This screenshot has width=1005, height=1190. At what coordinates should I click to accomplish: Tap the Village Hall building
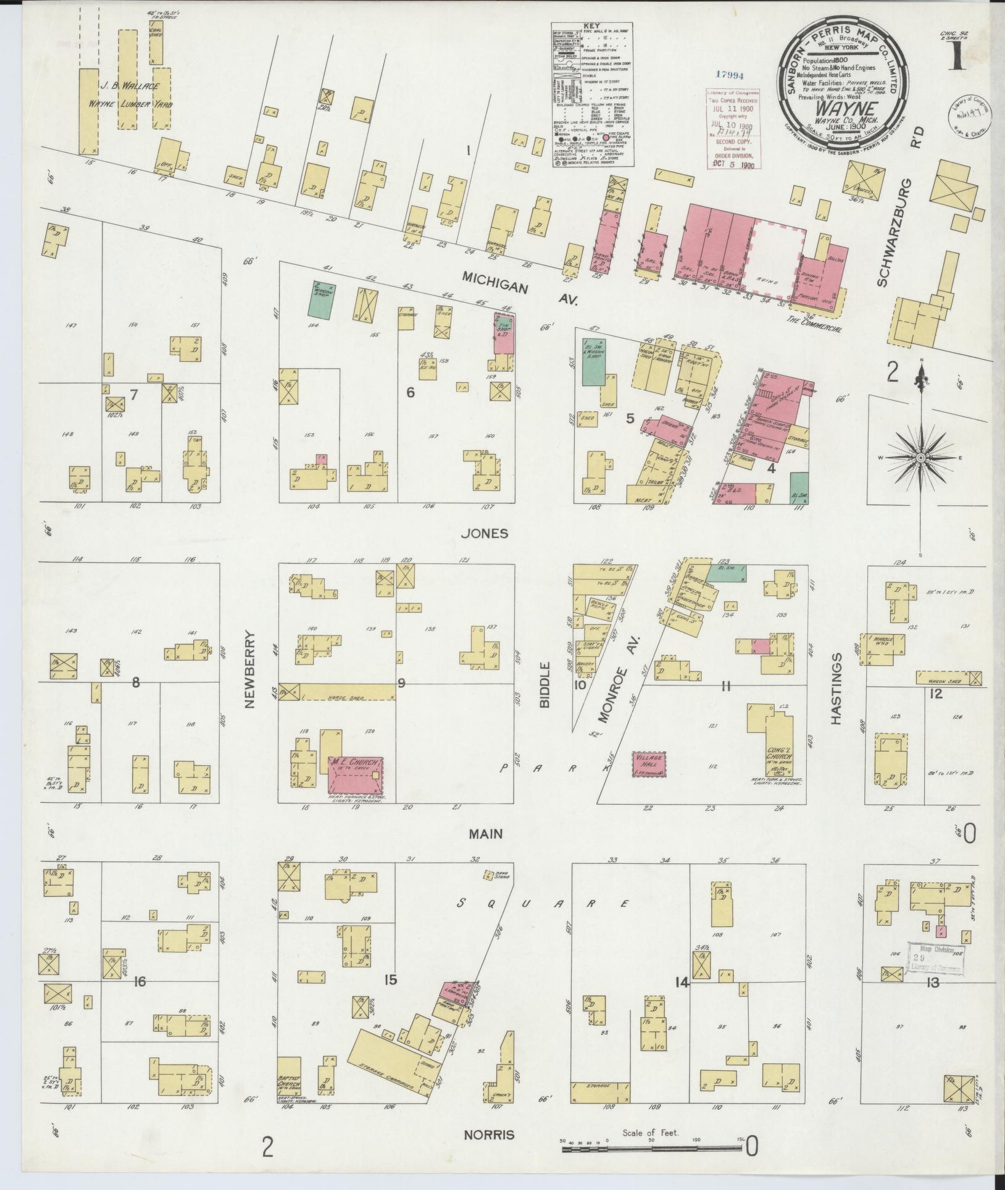pyautogui.click(x=648, y=763)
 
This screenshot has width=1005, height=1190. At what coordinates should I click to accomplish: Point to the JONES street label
pyautogui.click(x=488, y=533)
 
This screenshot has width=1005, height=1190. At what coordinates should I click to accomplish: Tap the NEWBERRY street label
pyautogui.click(x=250, y=669)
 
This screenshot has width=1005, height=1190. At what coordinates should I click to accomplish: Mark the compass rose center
pyautogui.click(x=920, y=458)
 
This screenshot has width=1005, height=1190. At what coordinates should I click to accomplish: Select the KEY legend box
pyautogui.click(x=593, y=95)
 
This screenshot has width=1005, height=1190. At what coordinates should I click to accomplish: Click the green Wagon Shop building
pyautogui.click(x=322, y=300)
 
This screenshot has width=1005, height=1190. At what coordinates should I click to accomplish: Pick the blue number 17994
pyautogui.click(x=730, y=75)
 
